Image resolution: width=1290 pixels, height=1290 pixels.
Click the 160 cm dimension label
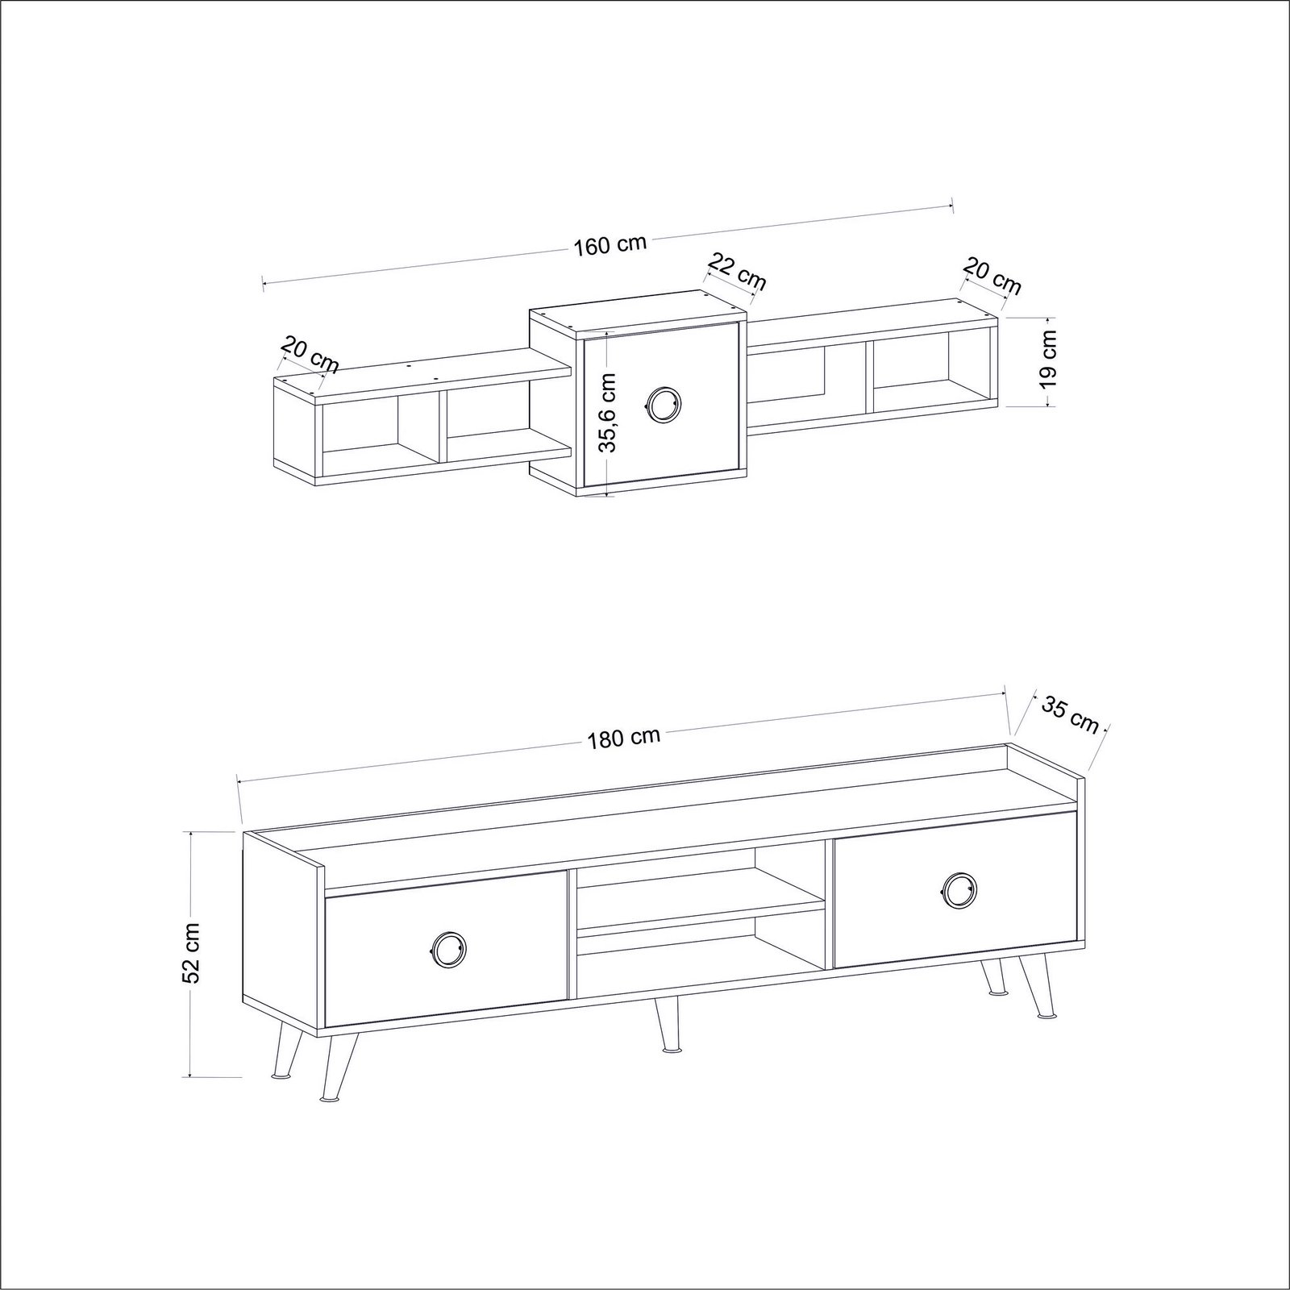610,244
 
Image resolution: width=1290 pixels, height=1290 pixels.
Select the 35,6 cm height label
610,412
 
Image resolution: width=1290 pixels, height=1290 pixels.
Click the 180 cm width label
624,737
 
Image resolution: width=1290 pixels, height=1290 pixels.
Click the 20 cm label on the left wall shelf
309,356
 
